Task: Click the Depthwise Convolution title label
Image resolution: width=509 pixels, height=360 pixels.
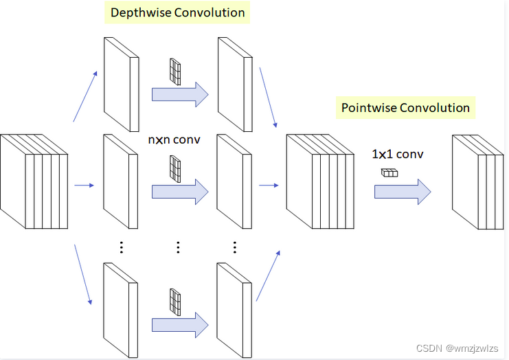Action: click(177, 12)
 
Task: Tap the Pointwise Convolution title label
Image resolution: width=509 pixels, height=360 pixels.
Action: click(405, 108)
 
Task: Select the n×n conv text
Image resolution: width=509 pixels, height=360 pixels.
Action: click(174, 139)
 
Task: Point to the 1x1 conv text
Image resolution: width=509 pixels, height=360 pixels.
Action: click(397, 154)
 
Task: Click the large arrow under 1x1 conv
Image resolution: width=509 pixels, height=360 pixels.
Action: click(403, 192)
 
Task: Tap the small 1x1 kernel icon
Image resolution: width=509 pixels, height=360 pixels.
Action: click(389, 173)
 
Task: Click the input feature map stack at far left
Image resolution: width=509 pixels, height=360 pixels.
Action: click(34, 181)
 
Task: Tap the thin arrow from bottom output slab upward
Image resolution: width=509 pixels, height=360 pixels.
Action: click(269, 275)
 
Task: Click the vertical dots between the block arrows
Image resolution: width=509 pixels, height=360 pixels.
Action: click(178, 247)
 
